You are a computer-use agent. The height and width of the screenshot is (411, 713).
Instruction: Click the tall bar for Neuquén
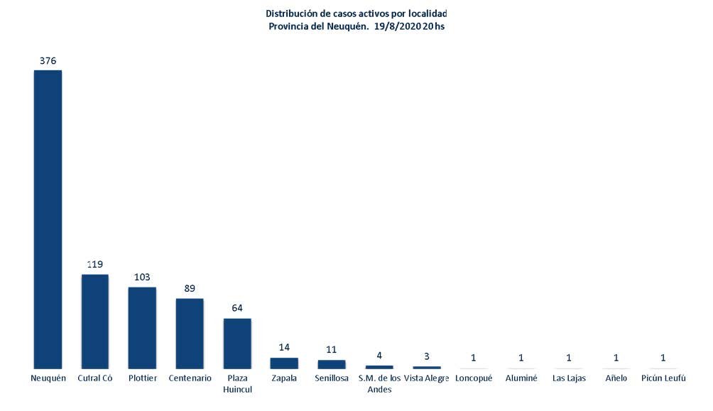(x=48, y=219)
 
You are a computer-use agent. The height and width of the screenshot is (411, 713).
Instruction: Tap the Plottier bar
(x=142, y=327)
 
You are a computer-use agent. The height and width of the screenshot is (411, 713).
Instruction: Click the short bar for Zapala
(x=284, y=363)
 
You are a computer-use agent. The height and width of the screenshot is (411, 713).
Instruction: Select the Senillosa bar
(x=332, y=364)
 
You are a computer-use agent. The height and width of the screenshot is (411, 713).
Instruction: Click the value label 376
(x=48, y=61)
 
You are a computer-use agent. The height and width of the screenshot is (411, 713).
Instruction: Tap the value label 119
(x=95, y=265)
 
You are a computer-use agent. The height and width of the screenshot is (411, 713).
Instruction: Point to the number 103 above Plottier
(x=142, y=278)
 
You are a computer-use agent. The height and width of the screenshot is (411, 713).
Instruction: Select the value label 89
(x=190, y=289)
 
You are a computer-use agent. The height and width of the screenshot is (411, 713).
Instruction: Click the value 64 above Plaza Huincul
(x=237, y=309)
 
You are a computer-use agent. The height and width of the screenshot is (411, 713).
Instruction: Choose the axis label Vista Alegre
(x=426, y=378)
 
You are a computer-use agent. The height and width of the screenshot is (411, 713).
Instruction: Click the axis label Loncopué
(x=474, y=378)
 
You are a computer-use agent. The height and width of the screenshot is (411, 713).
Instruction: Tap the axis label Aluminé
(x=521, y=378)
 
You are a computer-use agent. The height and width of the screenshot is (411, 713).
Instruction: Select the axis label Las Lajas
(x=569, y=378)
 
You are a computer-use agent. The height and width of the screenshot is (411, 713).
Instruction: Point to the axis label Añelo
(x=616, y=378)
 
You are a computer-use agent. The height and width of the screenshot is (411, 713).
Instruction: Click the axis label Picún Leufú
(x=663, y=378)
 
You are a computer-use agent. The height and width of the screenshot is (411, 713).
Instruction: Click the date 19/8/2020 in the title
(x=397, y=26)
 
